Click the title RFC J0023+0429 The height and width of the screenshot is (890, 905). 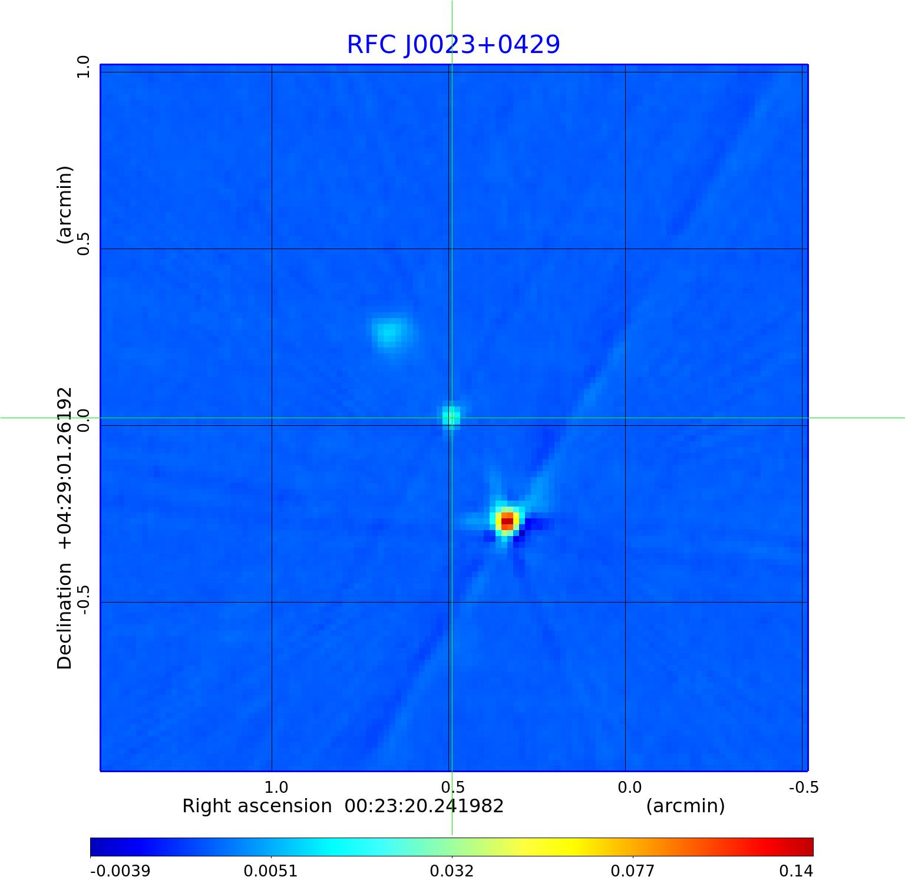pos(453,45)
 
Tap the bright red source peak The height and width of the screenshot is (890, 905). pos(507,521)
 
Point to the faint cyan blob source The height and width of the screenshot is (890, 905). pos(390,332)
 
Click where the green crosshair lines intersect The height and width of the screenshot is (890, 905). pos(452,418)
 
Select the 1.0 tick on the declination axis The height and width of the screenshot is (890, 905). pos(83,67)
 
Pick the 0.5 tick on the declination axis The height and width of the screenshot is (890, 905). pos(83,244)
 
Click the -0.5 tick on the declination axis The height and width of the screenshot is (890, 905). pos(83,600)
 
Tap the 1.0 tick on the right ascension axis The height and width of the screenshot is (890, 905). pos(276,788)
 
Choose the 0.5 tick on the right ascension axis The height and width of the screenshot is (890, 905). pos(452,788)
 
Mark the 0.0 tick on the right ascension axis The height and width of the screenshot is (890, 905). pos(629,788)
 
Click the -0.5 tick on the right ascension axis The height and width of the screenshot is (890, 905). pos(804,788)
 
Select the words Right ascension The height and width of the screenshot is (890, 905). pos(257,806)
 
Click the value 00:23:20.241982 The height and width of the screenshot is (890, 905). pos(424,806)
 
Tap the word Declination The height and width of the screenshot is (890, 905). pos(65,616)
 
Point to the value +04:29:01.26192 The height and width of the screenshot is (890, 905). pos(65,468)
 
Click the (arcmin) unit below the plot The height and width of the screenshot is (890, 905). pos(685,806)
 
